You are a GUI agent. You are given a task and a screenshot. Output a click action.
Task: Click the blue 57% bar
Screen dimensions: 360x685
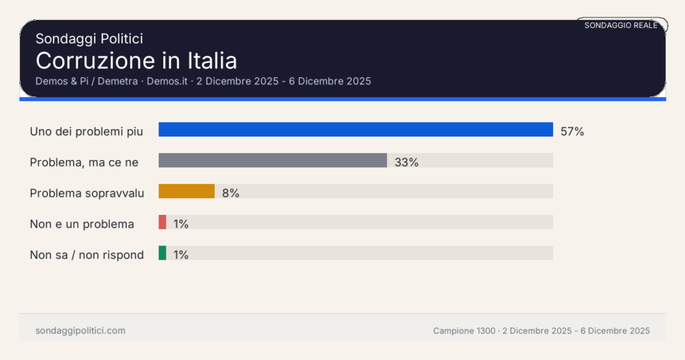(355, 130)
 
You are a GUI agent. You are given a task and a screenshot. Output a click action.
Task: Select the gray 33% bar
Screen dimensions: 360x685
(272, 161)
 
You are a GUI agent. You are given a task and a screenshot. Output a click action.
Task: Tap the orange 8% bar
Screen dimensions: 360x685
(186, 191)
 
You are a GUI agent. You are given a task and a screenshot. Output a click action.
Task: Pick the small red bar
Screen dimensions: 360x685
(162, 222)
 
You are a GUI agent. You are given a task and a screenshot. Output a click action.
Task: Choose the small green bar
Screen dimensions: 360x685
(162, 253)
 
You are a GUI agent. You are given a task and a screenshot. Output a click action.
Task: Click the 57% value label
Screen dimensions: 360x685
(572, 132)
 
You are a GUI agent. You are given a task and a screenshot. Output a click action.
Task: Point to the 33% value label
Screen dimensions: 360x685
(406, 163)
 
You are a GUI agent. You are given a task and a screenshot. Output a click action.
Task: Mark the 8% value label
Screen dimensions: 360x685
(231, 193)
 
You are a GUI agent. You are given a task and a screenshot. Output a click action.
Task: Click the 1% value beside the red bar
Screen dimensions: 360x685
(181, 224)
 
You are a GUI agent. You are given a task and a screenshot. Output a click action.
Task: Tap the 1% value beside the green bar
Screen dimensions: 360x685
(181, 255)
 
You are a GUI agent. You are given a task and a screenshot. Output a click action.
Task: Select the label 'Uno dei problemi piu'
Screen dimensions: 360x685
(86, 131)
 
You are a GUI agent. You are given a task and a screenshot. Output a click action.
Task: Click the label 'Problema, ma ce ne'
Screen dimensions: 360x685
(84, 162)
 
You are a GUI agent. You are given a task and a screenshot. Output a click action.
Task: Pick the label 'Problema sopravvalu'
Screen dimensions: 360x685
(87, 193)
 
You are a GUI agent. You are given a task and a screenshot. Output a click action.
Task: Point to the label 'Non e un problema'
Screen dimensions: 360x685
(82, 224)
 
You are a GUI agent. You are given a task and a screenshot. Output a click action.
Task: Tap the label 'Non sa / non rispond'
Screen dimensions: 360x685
(86, 255)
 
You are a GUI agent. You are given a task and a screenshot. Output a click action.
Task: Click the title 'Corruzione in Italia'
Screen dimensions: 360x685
(136, 61)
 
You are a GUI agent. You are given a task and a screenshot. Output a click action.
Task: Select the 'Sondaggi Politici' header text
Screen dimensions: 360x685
(89, 39)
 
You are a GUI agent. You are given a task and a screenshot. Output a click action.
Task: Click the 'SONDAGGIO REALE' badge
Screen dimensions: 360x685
(621, 25)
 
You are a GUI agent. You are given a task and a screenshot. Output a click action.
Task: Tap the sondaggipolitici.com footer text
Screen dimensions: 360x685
(80, 331)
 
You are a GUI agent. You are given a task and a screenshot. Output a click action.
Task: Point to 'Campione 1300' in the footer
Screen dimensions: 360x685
(464, 331)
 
